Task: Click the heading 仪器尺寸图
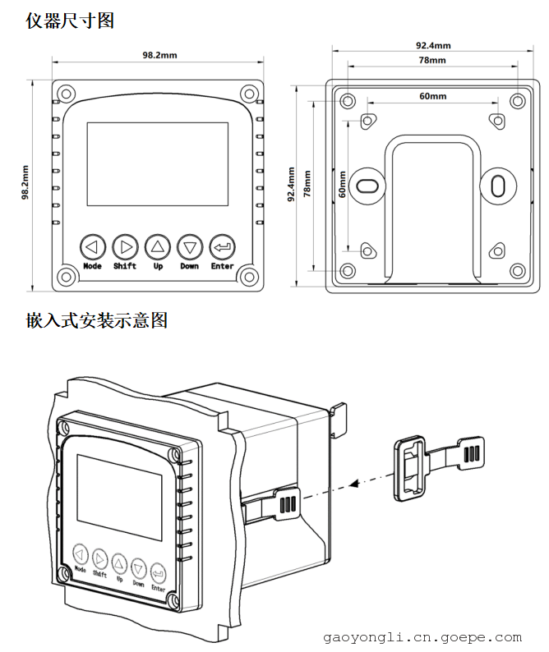tap(69, 21)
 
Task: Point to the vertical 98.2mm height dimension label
tap(25, 182)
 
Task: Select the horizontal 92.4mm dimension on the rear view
tap(432, 46)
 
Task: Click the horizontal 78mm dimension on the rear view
tap(432, 61)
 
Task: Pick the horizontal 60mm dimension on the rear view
tap(432, 96)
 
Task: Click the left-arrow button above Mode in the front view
tap(92, 246)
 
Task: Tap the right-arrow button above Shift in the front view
tap(125, 246)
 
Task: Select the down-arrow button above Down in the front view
tap(190, 246)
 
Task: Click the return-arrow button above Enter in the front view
tap(222, 246)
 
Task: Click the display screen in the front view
tap(157, 163)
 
